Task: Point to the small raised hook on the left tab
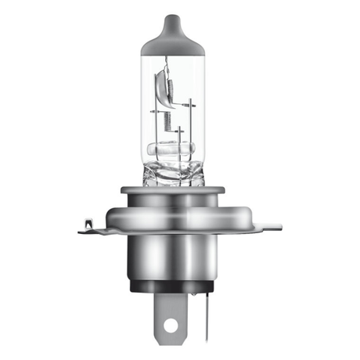pyautogui.click(x=88, y=224)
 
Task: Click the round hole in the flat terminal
pyautogui.click(x=170, y=322)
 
